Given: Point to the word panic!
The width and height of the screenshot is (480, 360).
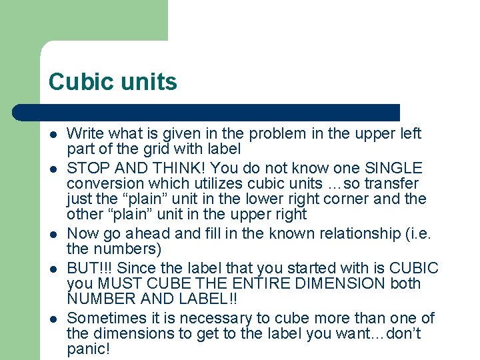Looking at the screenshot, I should click(88, 349).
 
